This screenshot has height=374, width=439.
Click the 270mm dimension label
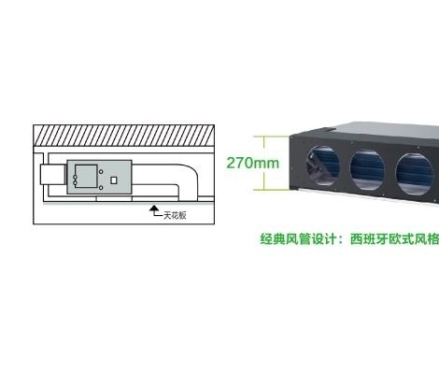(252, 163)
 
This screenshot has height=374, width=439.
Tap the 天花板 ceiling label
(175, 215)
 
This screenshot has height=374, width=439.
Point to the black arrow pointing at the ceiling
(154, 209)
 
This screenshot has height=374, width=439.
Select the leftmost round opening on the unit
(323, 165)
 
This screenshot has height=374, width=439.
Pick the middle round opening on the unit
(367, 170)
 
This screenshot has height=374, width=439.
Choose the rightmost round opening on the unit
(415, 175)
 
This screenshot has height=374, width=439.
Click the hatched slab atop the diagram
(123, 136)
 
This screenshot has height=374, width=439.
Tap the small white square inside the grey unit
(114, 180)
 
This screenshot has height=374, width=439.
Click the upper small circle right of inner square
(101, 172)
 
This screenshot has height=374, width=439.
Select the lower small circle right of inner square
(101, 188)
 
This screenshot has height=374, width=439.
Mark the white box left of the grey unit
(52, 175)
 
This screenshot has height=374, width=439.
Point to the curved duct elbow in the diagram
(189, 175)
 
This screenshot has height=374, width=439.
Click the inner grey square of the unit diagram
(86, 176)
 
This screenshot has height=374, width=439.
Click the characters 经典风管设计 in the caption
(299, 239)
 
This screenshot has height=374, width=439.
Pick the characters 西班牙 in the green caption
(370, 239)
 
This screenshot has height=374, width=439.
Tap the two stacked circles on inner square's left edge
(75, 180)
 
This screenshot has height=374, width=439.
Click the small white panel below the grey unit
(114, 198)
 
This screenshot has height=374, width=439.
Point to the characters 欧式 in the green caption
(402, 239)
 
